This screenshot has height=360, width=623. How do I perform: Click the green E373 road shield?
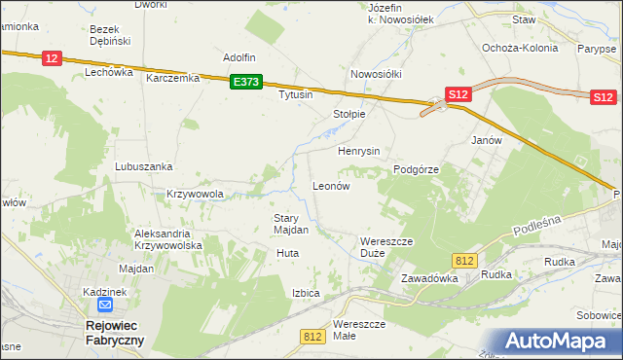click(x=246, y=83)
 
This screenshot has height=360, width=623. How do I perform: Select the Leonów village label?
click(x=330, y=185)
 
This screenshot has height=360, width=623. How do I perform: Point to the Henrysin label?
click(x=358, y=152)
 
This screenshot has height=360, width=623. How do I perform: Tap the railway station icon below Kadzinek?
click(x=90, y=306)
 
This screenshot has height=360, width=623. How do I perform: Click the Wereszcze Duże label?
click(x=387, y=247)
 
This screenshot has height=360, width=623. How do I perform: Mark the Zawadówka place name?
click(x=429, y=277)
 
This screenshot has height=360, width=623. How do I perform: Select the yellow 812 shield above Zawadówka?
click(x=464, y=260)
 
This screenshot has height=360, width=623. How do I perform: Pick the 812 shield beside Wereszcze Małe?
click(x=312, y=336)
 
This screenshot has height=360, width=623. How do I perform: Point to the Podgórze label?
click(x=417, y=169)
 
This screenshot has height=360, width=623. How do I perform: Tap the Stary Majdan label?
click(x=291, y=225)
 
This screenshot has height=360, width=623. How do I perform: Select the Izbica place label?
click(x=306, y=293)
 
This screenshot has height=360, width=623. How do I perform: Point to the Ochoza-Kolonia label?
click(x=520, y=47)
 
